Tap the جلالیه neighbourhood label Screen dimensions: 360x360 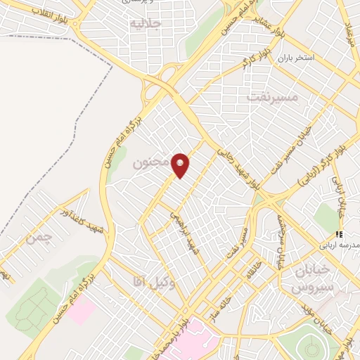pos(146,24)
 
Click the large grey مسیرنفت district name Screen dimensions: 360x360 pos(272,96)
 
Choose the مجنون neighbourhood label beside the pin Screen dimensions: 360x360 pos(150,163)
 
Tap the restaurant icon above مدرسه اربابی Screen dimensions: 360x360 pos(339,234)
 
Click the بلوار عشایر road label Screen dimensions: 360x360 pos(270,28)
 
